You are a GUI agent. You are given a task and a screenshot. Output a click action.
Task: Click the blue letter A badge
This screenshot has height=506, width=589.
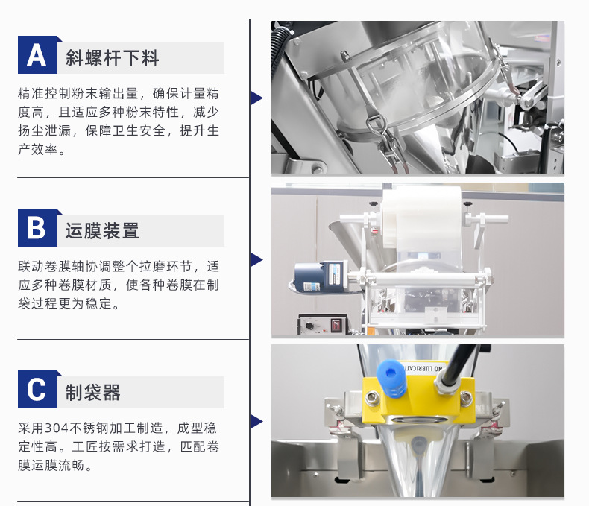click(x=37, y=55)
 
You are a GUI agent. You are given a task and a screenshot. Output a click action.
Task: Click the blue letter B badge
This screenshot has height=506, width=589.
click(x=37, y=227)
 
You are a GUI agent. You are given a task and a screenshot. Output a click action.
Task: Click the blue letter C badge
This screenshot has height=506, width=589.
click(x=37, y=389)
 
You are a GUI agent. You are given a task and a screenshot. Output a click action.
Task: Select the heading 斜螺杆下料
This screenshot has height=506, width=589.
click(x=113, y=58)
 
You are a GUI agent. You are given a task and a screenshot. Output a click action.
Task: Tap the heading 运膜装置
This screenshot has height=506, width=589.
click(x=102, y=230)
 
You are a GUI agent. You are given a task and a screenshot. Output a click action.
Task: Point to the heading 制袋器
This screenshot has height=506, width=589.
click(x=92, y=392)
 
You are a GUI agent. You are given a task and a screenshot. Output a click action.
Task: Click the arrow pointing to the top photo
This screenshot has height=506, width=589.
click(x=256, y=98)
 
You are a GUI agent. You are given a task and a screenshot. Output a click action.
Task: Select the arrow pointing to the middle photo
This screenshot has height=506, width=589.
click(x=256, y=259)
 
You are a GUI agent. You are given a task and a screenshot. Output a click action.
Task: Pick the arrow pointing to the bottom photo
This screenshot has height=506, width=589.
click(x=256, y=421)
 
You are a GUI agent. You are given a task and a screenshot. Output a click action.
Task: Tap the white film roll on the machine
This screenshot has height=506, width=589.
click(x=421, y=217)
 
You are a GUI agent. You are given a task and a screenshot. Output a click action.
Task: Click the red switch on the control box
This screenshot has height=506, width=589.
click(x=336, y=324)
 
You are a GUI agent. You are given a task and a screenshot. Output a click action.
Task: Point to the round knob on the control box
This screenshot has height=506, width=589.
click(x=309, y=326)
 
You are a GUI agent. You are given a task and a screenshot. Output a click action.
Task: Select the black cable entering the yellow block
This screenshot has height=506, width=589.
click(x=459, y=365)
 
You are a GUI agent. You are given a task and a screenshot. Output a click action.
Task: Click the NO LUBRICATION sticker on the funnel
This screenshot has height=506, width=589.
click(x=423, y=368)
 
